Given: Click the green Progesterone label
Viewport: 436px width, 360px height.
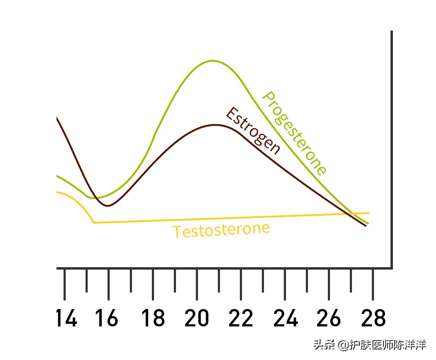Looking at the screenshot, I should coord(294,133).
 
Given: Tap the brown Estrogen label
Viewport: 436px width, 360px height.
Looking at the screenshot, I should coord(253,131).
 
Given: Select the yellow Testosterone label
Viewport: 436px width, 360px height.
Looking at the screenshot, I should coord(221,230).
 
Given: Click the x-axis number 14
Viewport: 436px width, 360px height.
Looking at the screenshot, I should coord(67,318).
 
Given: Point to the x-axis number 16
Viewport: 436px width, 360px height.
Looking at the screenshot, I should coord(107,318).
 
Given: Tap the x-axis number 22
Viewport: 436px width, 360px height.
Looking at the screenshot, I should coord(241,318).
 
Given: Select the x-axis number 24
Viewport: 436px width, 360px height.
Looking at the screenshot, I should coord(286,318).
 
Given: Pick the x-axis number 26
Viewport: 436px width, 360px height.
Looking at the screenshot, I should coord(329,318).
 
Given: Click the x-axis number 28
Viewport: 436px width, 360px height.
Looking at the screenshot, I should coord(373,318).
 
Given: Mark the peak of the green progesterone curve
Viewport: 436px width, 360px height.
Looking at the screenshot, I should coord(213,61).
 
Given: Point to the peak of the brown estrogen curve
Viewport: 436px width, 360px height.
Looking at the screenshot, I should coord(216,125).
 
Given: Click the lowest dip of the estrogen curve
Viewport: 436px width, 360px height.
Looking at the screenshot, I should coord(108,206).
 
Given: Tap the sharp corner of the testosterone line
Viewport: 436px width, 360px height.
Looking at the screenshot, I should coord(94,223).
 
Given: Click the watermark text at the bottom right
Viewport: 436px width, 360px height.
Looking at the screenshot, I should coord(370,345).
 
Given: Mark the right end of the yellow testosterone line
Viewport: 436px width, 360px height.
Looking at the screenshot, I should coord(369,213).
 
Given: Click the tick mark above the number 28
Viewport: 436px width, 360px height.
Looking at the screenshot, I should coord(373,284).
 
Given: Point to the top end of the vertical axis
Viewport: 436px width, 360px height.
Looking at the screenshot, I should coord(391,31).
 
